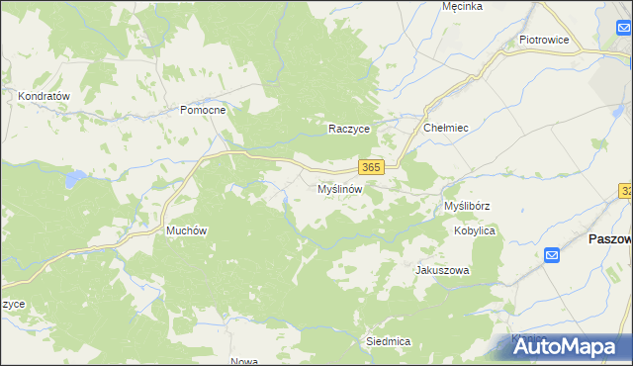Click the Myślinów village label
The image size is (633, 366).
342,188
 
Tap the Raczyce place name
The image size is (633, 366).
349,129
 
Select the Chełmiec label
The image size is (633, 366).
445,128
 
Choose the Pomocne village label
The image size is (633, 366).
203,110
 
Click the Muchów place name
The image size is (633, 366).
186,230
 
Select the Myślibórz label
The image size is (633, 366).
468,206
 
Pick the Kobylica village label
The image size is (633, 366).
475,230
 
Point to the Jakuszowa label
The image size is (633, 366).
442,270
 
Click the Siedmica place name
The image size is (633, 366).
388,340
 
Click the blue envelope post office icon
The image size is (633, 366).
552,255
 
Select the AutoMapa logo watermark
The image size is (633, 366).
565,345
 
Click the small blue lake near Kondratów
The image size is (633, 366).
72,179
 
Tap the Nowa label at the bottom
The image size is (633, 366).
243,361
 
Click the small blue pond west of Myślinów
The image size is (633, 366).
286,205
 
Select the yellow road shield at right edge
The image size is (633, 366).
627,190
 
